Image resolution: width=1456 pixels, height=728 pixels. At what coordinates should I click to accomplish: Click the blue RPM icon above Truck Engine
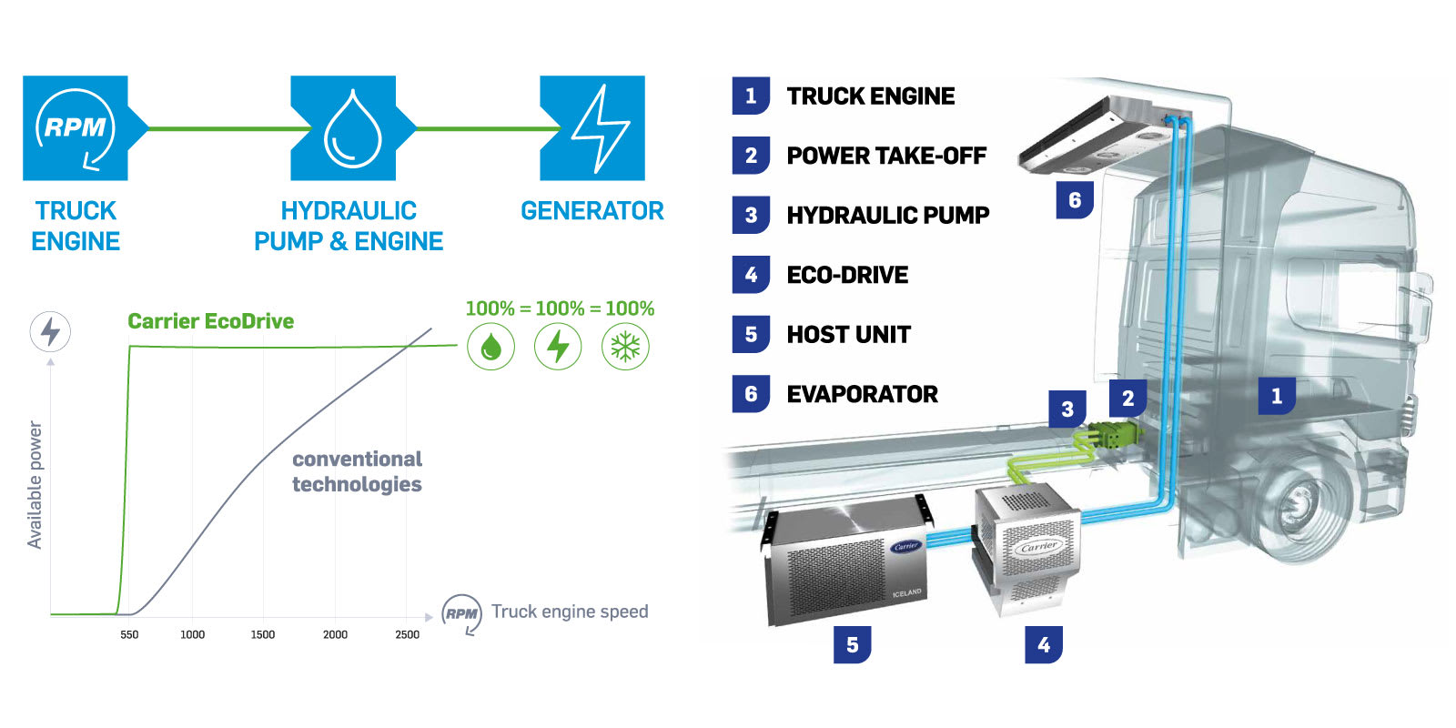75,128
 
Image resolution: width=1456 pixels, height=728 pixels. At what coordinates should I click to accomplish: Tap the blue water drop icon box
343,128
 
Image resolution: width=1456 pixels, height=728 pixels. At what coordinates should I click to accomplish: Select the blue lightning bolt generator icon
592,128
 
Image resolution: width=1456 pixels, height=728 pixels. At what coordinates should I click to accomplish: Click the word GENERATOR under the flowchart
591,211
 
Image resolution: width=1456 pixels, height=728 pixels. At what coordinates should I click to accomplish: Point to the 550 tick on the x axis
129,634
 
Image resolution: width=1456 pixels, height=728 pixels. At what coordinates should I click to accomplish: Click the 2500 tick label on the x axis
408,634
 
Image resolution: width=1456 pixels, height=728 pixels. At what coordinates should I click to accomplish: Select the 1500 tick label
263,634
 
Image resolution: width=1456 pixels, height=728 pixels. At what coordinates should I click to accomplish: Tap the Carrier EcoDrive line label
210,321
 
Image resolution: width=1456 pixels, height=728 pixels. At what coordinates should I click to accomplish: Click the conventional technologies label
357,471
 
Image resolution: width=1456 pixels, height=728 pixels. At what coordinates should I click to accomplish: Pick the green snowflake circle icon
625,347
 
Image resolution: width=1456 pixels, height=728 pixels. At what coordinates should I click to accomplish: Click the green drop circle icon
490,347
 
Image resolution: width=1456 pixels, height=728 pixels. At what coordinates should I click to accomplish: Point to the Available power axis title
35,484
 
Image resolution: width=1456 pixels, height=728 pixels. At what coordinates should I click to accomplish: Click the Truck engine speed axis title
570,612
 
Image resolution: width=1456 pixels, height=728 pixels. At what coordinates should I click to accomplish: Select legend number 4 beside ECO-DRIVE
751,275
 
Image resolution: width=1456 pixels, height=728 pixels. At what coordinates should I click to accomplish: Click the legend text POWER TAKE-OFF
886,156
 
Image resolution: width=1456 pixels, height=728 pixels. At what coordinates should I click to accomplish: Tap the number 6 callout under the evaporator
1075,200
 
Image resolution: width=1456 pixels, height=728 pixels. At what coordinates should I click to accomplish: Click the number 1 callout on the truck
1276,396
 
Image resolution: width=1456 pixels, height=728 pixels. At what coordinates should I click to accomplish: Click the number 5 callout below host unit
852,644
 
